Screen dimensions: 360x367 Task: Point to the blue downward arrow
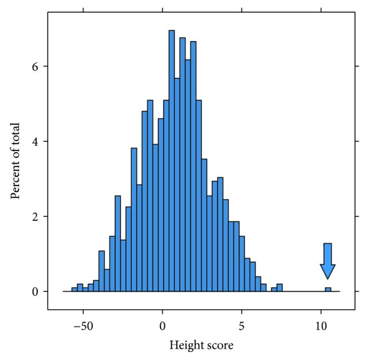(x=327, y=260)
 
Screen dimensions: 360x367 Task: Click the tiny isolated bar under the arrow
(x=328, y=290)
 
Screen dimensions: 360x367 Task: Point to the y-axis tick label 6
(x=35, y=66)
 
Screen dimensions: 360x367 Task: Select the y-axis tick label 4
(x=35, y=141)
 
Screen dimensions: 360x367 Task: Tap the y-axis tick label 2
(x=35, y=216)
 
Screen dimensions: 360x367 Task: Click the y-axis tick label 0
(x=35, y=291)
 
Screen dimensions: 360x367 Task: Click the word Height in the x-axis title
(x=183, y=346)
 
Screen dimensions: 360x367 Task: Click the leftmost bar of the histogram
(x=74, y=290)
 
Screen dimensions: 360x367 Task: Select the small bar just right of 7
(x=279, y=288)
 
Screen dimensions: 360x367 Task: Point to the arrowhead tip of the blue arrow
(x=327, y=279)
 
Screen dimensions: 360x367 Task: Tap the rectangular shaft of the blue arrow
(x=327, y=254)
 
